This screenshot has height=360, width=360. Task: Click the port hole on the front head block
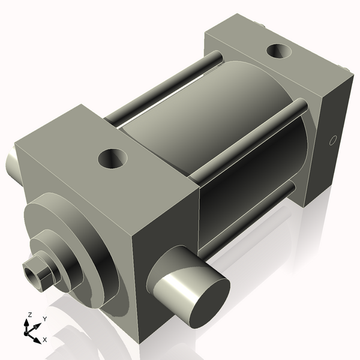[x=112, y=160]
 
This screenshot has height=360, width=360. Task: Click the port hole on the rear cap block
[x=280, y=52]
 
